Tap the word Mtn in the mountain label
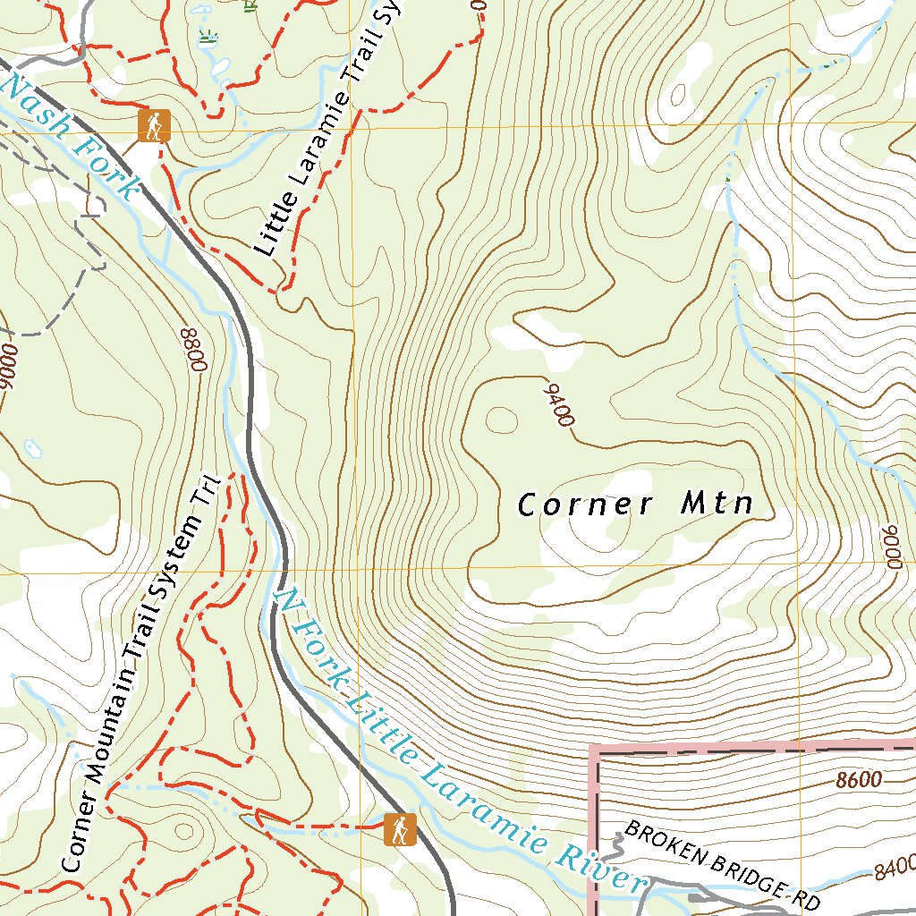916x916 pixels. coord(717,504)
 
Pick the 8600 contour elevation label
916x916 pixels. coord(860,780)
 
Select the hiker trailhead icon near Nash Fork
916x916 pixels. coord(154,126)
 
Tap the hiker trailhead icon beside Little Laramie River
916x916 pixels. coord(399,829)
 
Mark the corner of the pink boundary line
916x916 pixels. coord(594,747)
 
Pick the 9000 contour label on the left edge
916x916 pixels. coord(9,367)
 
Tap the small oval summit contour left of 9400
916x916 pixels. coord(502,418)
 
